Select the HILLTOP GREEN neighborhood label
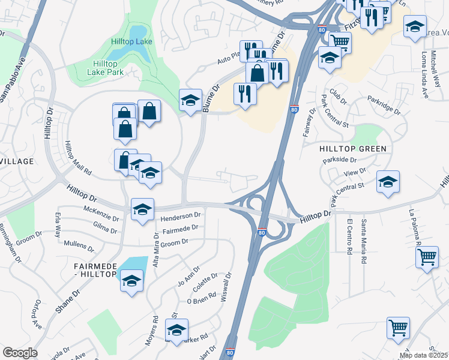pos(352,148)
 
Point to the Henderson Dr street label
pos(181,215)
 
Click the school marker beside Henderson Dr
pos(142,209)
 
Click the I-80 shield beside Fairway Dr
pos(294,110)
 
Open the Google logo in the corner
pos(20,353)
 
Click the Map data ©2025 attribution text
pos(424,355)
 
